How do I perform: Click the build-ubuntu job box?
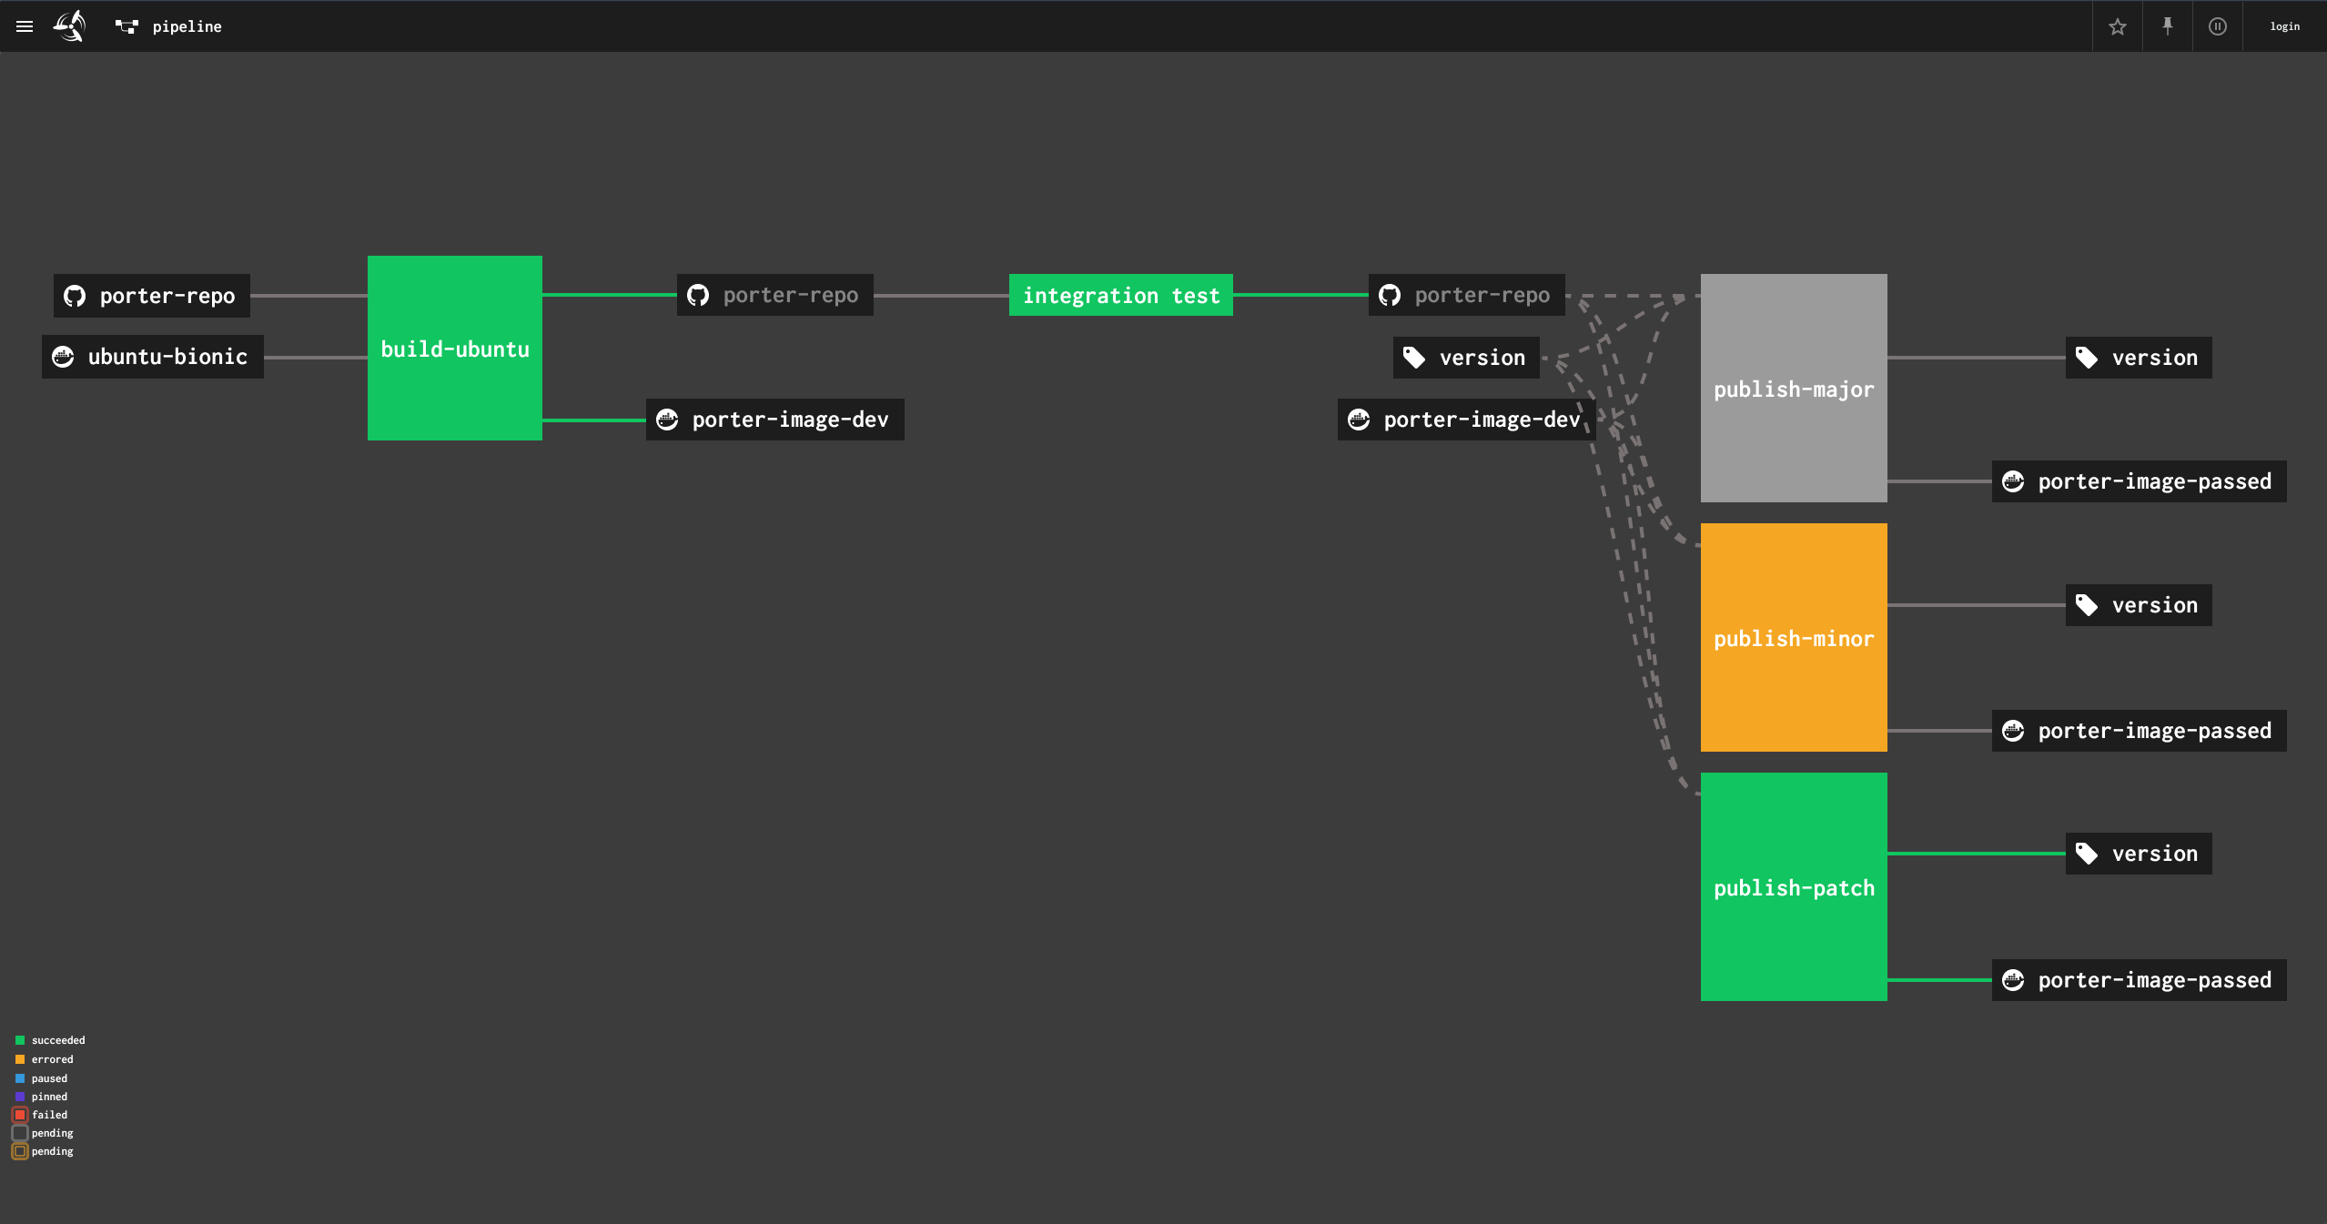(454, 349)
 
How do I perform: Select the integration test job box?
(1120, 296)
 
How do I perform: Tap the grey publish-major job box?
(1793, 389)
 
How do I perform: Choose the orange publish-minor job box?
(1793, 638)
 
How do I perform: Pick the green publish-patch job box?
(1793, 887)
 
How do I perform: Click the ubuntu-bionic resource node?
(153, 357)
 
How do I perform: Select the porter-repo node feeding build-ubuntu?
(152, 296)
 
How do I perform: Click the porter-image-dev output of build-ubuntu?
(774, 420)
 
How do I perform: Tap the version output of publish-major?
(2138, 358)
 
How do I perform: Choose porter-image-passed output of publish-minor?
(2139, 731)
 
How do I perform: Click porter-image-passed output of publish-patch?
(2139, 980)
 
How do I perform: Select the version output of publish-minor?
(2138, 605)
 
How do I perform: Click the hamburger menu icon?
(25, 26)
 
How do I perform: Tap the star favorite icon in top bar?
(2117, 26)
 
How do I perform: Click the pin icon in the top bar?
(2167, 26)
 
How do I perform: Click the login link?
(2284, 26)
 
